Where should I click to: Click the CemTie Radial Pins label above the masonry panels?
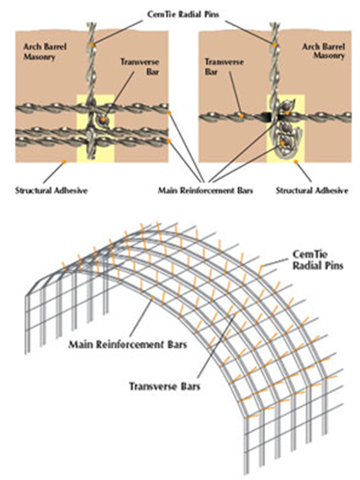coord(183,15)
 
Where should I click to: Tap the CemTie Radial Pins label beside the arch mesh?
coord(318,260)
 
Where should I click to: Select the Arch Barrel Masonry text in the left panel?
coord(45,51)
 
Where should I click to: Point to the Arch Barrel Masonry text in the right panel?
coord(323,51)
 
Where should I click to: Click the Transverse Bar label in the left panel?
coord(140,67)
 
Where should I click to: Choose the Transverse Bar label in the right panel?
coord(224,67)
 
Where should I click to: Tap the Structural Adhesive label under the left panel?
coord(51,190)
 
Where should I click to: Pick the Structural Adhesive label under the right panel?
coord(312,190)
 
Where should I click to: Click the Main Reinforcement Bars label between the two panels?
coord(205,190)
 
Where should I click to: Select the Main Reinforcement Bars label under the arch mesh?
coord(127,344)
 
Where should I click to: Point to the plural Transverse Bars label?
coord(164,386)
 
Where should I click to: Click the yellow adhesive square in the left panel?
coord(95,129)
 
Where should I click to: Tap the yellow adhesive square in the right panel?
coord(285,129)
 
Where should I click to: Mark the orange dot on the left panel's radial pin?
coord(92,45)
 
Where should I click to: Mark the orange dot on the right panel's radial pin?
coord(275,45)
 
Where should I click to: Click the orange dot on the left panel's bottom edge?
coord(64,162)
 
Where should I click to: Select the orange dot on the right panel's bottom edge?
coord(296,162)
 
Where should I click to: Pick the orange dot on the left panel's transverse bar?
coord(103,119)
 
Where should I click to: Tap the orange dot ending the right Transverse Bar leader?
coord(242,116)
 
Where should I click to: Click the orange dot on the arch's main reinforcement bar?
coord(152,297)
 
